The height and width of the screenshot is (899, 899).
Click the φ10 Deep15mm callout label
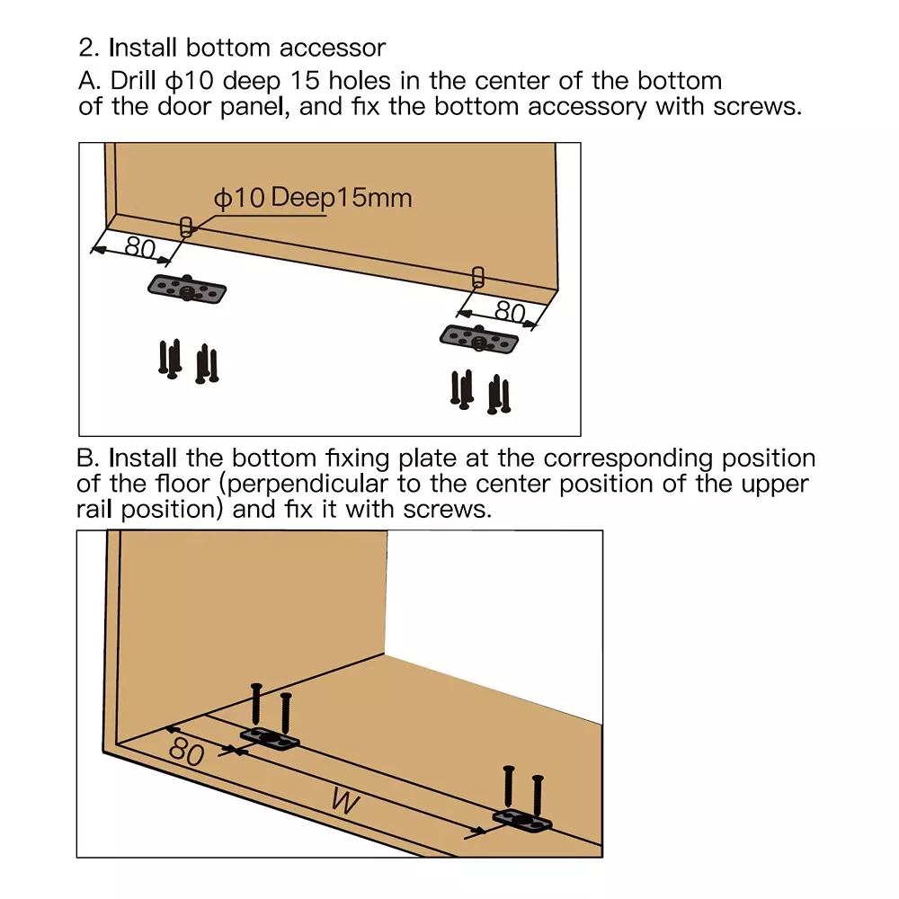(312, 198)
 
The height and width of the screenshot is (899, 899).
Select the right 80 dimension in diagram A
(510, 312)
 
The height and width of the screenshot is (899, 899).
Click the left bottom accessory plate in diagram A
(187, 289)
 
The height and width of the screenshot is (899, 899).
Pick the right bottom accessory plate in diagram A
(479, 339)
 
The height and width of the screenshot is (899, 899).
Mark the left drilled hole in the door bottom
(186, 227)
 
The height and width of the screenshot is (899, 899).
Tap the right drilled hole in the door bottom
(477, 275)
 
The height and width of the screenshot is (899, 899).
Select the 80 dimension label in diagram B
(186, 751)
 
